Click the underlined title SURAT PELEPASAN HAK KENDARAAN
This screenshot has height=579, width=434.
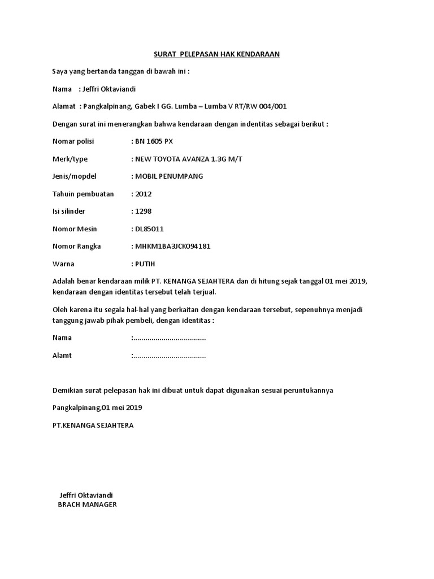pyautogui.click(x=217, y=54)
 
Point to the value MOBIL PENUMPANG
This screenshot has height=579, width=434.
pyautogui.click(x=168, y=176)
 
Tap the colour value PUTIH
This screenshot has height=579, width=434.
pyautogui.click(x=145, y=264)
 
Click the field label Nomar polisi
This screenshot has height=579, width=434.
pyautogui.click(x=73, y=141)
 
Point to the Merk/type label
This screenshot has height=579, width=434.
pyautogui.click(x=70, y=159)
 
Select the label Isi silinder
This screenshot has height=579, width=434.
pyautogui.click(x=71, y=211)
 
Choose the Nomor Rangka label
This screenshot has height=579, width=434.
pyautogui.click(x=77, y=247)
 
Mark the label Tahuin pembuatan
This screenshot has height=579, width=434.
pyautogui.click(x=83, y=194)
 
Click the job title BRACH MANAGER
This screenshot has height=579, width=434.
pyautogui.click(x=88, y=505)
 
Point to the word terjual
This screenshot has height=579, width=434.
pyautogui.click(x=202, y=292)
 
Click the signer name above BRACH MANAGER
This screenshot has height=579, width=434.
pyautogui.click(x=86, y=495)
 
